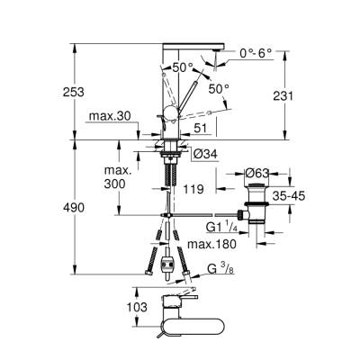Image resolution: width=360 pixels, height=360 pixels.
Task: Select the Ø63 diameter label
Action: point(262,172)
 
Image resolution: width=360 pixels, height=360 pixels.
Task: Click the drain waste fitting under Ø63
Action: point(261,203)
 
